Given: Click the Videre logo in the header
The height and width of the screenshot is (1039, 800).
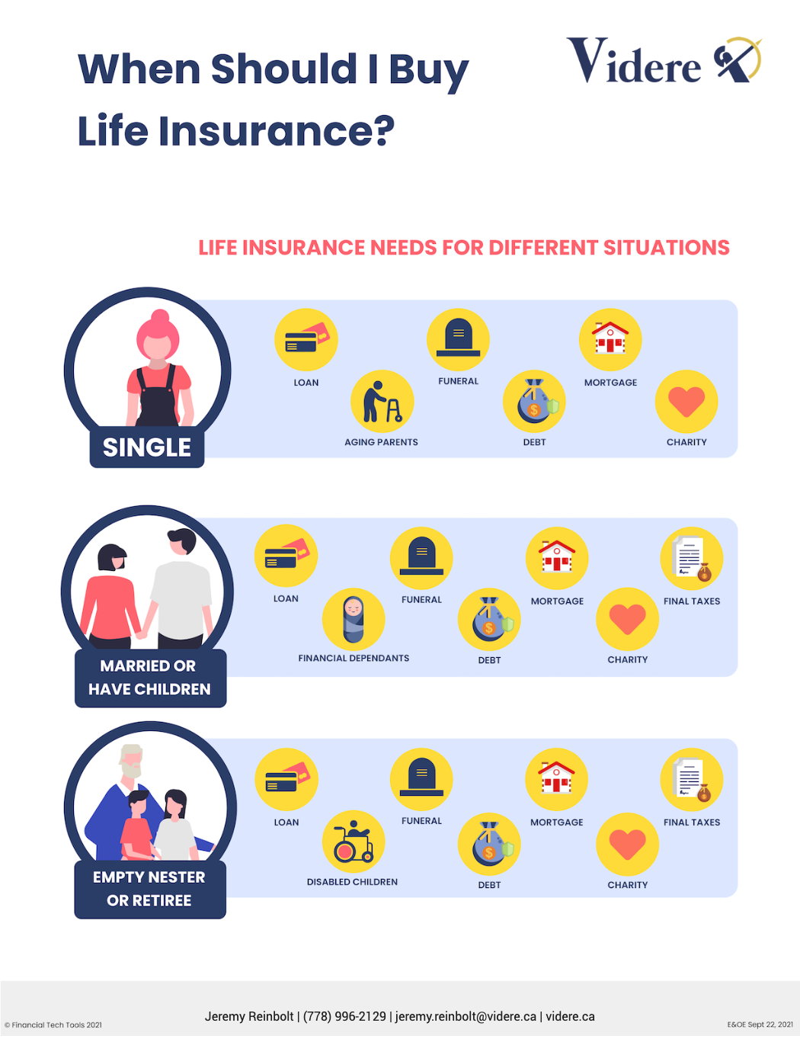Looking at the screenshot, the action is (x=664, y=60).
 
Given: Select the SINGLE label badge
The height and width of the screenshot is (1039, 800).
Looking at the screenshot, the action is (x=147, y=447).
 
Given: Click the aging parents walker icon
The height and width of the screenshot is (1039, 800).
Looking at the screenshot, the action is (x=382, y=402).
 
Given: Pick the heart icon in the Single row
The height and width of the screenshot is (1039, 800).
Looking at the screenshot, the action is (x=686, y=401).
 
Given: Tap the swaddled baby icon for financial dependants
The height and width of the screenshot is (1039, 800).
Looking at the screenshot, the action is (x=354, y=619).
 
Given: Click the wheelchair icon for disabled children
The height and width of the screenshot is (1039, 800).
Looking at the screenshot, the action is (x=354, y=842).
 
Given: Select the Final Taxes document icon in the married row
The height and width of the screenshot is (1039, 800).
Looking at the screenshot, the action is (x=692, y=559).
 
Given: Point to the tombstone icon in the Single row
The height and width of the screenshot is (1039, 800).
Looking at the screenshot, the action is (x=458, y=339).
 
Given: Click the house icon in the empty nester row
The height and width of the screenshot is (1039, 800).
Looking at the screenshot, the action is (x=556, y=779).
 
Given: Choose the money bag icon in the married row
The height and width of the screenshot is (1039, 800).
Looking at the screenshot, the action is (x=489, y=620).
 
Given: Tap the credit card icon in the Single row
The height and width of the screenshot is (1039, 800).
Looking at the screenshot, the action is (x=306, y=339).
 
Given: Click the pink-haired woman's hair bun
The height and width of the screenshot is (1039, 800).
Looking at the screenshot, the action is (x=160, y=316).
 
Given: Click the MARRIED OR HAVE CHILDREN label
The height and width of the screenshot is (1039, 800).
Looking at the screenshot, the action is (x=150, y=678).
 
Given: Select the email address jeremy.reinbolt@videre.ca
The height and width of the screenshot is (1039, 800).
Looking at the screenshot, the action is (x=466, y=1016).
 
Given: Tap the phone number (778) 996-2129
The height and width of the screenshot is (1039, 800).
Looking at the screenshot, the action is (x=344, y=1016).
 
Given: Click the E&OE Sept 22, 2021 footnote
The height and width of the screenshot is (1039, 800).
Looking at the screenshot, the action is (x=760, y=1025).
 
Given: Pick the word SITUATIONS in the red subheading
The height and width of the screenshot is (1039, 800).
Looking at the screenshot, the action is (x=666, y=248).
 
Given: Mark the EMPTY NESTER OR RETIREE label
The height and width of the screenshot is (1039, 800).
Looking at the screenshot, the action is (x=150, y=890).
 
